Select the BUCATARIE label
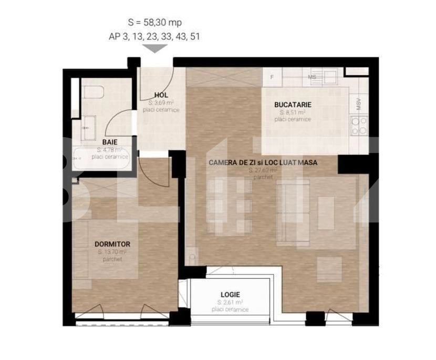point(293,105)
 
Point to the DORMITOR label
point(112,244)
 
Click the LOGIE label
point(230,295)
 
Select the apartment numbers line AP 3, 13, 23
point(154,36)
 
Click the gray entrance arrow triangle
point(155,49)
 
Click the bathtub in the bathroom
point(102,158)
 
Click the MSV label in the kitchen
point(359,102)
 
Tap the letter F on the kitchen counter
point(272,77)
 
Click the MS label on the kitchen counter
point(312,77)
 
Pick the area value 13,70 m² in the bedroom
point(112,252)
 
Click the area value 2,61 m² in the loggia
point(230,303)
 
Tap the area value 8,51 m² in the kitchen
point(293,112)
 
